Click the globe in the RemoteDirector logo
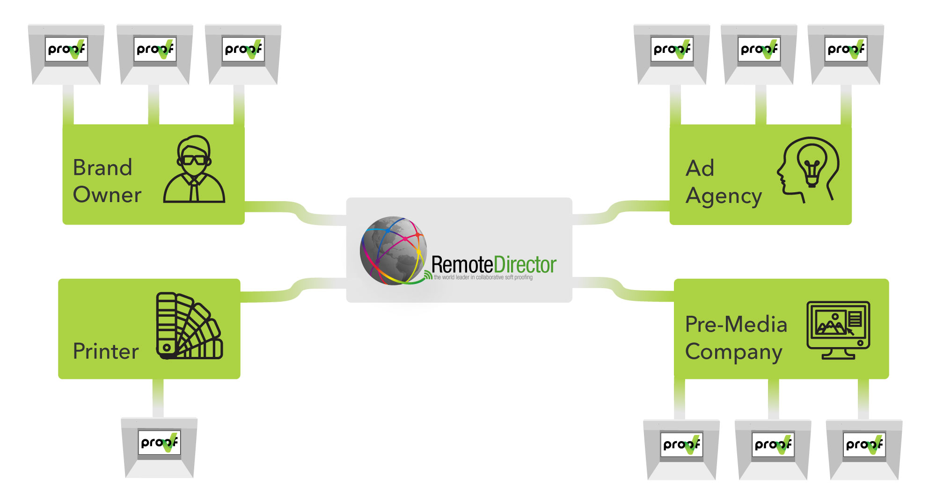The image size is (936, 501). click(x=393, y=250)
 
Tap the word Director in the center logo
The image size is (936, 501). click(x=525, y=265)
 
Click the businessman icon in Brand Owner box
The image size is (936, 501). click(x=194, y=169)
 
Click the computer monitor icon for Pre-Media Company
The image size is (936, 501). click(x=838, y=329)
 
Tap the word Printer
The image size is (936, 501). click(x=106, y=351)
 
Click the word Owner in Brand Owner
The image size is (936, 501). click(x=107, y=195)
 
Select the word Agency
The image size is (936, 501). click(x=724, y=196)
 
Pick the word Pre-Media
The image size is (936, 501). click(x=736, y=324)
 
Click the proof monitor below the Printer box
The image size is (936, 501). click(x=159, y=447)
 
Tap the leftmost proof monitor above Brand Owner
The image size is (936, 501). click(x=66, y=54)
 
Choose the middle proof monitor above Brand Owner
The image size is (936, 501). click(x=154, y=54)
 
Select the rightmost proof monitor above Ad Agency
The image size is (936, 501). click(x=846, y=54)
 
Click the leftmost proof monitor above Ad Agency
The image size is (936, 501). click(x=672, y=54)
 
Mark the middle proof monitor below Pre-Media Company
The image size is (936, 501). click(x=773, y=449)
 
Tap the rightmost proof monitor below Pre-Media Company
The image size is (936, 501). click(x=864, y=449)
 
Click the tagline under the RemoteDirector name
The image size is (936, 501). click(x=483, y=277)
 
